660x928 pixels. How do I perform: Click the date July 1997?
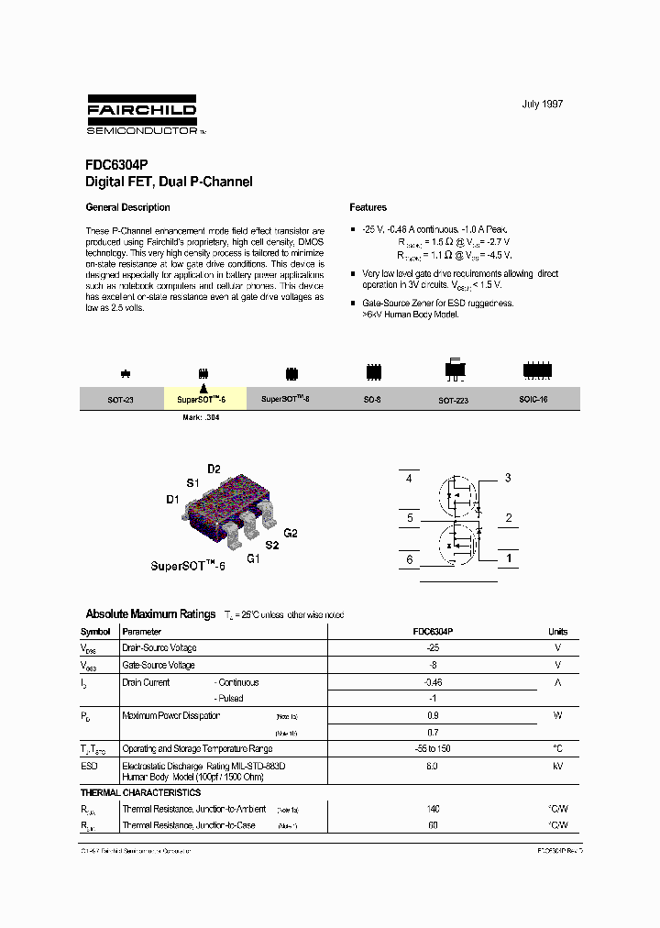click(x=543, y=105)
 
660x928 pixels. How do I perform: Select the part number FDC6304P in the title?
click(x=109, y=167)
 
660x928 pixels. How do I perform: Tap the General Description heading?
click(x=127, y=208)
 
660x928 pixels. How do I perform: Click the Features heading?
click(x=368, y=208)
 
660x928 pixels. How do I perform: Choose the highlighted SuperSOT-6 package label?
click(x=203, y=401)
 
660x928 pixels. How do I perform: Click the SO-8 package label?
click(x=372, y=401)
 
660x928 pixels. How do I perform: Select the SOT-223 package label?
click(x=453, y=401)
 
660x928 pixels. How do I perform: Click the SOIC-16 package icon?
click(x=537, y=371)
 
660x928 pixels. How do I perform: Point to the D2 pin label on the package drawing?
click(x=214, y=470)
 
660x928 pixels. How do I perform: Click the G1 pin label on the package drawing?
click(x=254, y=558)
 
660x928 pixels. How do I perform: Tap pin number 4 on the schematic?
click(x=409, y=479)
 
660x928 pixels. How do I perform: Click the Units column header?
click(x=557, y=632)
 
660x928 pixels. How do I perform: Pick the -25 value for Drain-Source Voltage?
click(x=433, y=647)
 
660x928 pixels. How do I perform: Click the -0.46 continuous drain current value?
click(x=433, y=682)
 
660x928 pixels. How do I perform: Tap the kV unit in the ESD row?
click(x=557, y=766)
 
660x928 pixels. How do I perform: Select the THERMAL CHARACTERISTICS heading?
click(x=140, y=792)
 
